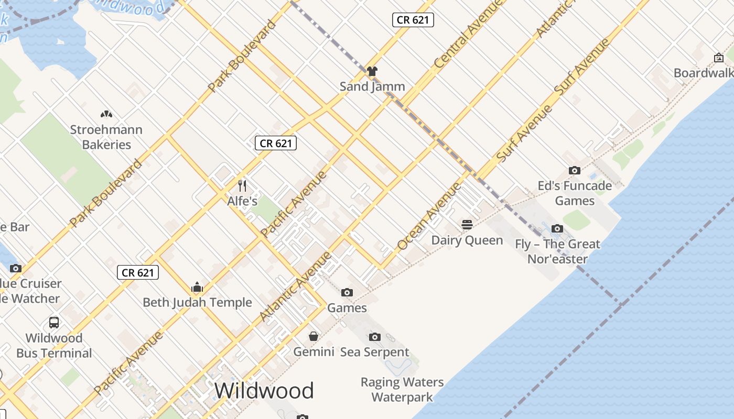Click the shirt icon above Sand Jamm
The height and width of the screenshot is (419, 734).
point(372,71)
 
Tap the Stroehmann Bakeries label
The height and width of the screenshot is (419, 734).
point(106,137)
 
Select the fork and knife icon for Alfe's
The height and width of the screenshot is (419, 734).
point(242,185)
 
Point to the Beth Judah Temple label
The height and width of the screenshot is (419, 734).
point(197,302)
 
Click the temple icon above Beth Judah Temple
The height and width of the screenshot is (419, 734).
point(197,287)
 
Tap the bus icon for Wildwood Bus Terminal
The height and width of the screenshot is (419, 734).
point(54,322)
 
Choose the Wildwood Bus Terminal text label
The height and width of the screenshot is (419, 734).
point(54,345)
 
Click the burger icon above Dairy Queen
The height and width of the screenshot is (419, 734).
point(467,225)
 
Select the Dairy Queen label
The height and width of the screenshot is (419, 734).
point(467,240)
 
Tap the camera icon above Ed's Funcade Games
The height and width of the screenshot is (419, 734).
point(575,170)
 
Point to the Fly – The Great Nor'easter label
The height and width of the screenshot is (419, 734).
point(557,251)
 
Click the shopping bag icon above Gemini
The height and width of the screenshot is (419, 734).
point(314,336)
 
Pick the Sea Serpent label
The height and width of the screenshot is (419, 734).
point(374,352)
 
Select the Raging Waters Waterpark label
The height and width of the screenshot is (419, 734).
point(402,390)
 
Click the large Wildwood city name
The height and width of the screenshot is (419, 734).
point(264,391)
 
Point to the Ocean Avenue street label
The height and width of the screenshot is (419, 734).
point(429,216)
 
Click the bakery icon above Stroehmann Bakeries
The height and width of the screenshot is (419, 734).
point(106,114)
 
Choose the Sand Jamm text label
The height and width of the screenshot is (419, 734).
point(372,86)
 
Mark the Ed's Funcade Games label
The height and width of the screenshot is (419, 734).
point(575,193)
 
